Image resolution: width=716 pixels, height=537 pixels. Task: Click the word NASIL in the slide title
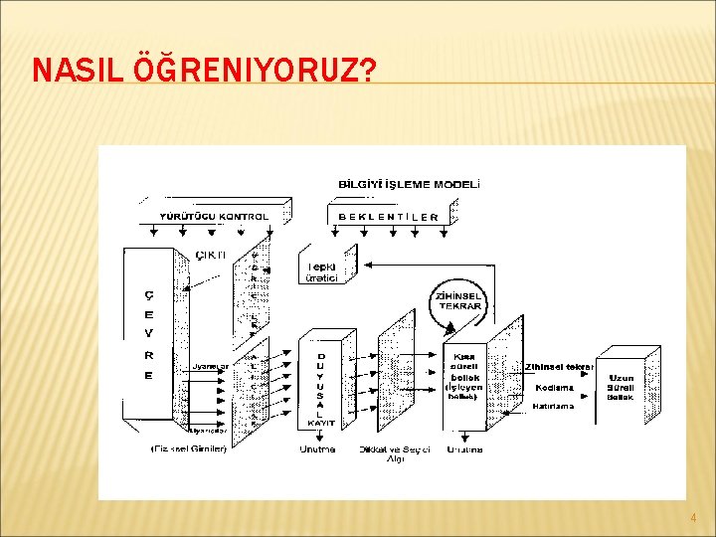(x=78, y=71)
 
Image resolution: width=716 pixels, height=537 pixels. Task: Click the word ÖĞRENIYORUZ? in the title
(x=255, y=71)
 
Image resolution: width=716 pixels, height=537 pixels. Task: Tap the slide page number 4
(x=693, y=518)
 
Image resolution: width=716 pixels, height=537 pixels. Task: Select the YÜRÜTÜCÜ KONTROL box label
(x=214, y=216)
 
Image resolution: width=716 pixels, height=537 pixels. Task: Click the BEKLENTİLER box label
(x=389, y=216)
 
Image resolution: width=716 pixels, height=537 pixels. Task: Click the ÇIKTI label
(x=210, y=255)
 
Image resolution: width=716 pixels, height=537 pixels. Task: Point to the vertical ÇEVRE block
(x=149, y=333)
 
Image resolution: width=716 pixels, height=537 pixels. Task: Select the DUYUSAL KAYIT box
(x=321, y=388)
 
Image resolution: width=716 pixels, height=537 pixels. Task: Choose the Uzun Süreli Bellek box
(x=621, y=387)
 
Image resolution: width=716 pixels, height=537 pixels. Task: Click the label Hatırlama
(x=554, y=406)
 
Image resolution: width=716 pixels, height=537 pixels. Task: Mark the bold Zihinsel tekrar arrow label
(x=560, y=366)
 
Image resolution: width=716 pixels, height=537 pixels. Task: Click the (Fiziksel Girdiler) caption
(x=189, y=448)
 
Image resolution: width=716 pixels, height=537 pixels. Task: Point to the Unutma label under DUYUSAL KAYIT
(x=317, y=448)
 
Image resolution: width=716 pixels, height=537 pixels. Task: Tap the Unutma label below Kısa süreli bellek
(x=464, y=448)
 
